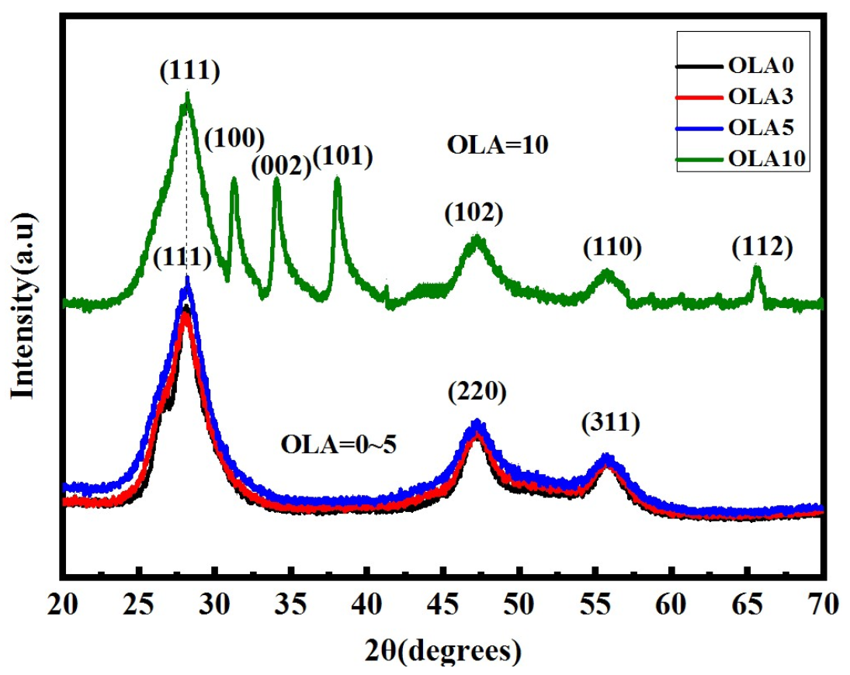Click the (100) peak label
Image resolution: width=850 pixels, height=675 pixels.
tap(234, 139)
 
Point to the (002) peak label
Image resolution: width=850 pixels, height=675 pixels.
tap(280, 165)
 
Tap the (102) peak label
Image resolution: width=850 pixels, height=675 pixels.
tap(474, 212)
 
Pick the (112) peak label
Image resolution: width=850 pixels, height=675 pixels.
tap(762, 247)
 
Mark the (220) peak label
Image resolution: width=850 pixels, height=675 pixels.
tap(477, 393)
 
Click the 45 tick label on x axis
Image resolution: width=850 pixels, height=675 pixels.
tap(442, 603)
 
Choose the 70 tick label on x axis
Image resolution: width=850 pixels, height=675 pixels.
tap(822, 603)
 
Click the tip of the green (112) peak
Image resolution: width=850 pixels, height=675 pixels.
tap(757, 267)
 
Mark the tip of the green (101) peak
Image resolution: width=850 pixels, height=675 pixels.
tap(337, 178)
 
